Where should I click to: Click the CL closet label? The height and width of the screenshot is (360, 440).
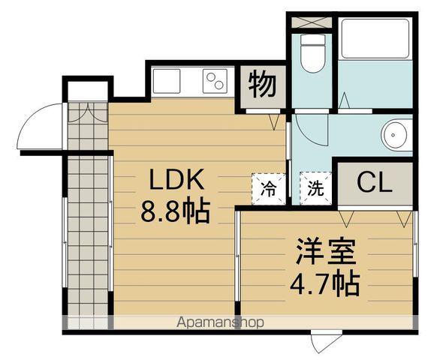click(373, 183)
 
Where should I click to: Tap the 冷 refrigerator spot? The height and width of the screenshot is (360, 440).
click(268, 188)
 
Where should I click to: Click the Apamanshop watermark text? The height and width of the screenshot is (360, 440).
click(220, 323)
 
